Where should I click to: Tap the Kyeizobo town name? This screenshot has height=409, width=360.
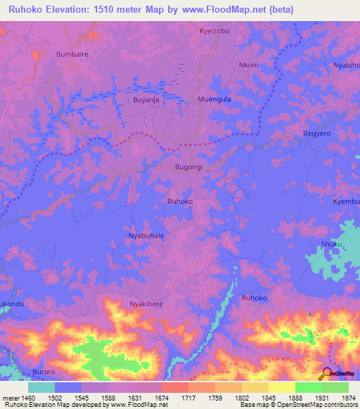click(214, 32)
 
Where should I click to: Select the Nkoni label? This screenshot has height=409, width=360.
click(249, 65)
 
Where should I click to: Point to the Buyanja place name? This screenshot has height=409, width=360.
click(148, 100)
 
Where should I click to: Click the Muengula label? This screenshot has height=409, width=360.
click(214, 100)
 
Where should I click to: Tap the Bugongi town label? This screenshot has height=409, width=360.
click(188, 168)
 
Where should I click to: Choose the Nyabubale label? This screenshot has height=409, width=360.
click(146, 236)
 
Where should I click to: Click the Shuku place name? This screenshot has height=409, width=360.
click(331, 244)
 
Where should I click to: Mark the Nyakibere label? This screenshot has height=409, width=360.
click(146, 304)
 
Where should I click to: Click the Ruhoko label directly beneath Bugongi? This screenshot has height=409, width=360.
click(180, 202)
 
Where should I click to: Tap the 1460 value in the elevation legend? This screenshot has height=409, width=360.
click(28, 397)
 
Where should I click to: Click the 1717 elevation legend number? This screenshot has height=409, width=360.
click(188, 397)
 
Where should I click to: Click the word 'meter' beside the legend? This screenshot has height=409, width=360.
click(10, 397)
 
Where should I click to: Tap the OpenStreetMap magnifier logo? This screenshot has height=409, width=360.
click(326, 373)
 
